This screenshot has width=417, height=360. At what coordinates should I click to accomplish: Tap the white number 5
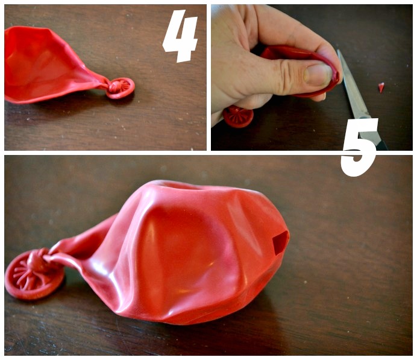(359, 147)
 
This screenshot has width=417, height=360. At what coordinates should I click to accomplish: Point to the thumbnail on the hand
(318, 75)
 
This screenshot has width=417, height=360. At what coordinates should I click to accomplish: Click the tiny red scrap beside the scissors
(381, 87)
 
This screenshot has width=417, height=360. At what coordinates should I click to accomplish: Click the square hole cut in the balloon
(280, 242)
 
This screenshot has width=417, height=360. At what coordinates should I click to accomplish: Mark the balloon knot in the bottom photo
(36, 261)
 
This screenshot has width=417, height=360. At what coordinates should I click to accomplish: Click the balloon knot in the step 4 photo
(114, 87)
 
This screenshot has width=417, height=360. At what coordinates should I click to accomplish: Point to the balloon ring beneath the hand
(238, 117)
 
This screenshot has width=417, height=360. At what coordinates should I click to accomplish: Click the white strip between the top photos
(208, 77)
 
